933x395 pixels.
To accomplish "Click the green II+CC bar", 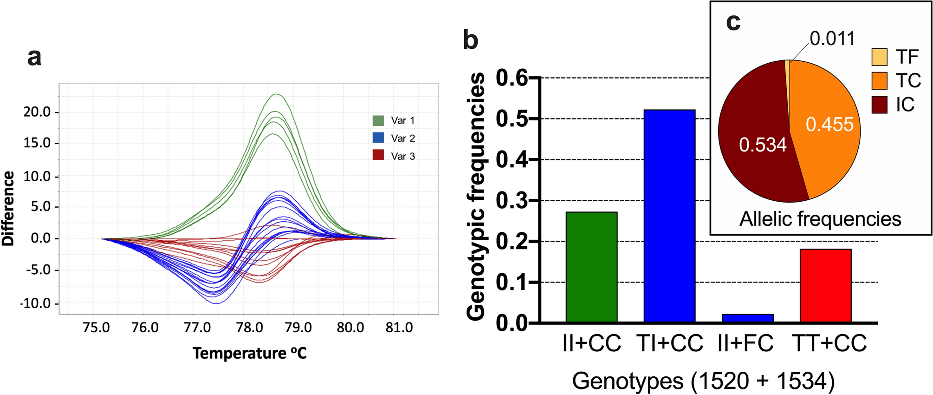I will [x=591, y=267].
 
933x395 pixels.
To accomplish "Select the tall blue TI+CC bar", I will [x=669, y=216].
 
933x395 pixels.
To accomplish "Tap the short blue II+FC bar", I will [x=747, y=318].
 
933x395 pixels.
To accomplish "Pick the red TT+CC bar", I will [x=825, y=286].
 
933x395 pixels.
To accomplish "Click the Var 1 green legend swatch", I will [x=378, y=120].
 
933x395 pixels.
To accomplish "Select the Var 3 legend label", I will [x=403, y=156].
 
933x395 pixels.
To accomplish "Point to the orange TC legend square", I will [x=880, y=81].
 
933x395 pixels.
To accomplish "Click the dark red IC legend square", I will [x=880, y=105].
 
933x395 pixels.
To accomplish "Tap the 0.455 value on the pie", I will [x=829, y=125].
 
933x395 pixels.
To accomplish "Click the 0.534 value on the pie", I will [x=763, y=145].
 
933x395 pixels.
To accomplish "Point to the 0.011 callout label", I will [x=832, y=39].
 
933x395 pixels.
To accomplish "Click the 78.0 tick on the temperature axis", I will [x=250, y=328].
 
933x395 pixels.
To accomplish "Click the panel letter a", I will [x=34, y=58].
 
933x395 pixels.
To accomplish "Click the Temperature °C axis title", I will [x=250, y=353].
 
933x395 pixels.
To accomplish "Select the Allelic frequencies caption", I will [x=820, y=218].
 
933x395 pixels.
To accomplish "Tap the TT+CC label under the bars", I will [x=829, y=344].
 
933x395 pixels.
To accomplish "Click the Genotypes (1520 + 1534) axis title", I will [x=703, y=381].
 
